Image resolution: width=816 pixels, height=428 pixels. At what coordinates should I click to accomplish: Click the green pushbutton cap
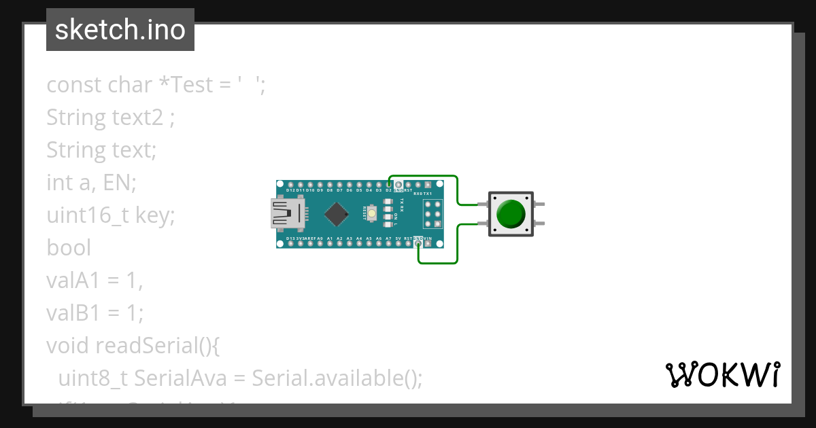pos(510,213)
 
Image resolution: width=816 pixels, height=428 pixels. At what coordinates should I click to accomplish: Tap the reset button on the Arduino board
pos(371,211)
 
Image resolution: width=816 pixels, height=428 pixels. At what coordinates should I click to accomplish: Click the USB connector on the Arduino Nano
pos(288,213)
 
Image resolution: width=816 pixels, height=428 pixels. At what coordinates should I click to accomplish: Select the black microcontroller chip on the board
pos(337,213)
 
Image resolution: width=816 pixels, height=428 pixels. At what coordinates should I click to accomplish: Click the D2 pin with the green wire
pos(389,185)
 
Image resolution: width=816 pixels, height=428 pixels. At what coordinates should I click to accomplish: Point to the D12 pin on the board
pos(291,185)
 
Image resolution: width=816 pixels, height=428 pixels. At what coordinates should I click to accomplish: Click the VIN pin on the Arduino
pos(428,243)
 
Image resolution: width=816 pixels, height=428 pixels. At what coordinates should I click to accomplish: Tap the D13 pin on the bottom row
pos(291,243)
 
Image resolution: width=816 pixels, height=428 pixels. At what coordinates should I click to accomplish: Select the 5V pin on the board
pos(398,243)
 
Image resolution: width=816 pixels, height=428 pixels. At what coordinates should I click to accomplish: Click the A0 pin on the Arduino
pos(320,243)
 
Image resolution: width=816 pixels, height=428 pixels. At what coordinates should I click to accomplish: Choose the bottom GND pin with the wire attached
pos(418,243)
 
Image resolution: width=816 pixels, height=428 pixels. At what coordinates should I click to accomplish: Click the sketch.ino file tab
pos(120,30)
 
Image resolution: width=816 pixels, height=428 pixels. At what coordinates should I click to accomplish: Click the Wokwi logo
pos(722,374)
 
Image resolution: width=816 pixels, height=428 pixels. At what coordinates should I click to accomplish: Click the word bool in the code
pos(68,247)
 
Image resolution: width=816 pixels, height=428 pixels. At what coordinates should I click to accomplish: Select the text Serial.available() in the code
pos(337,378)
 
